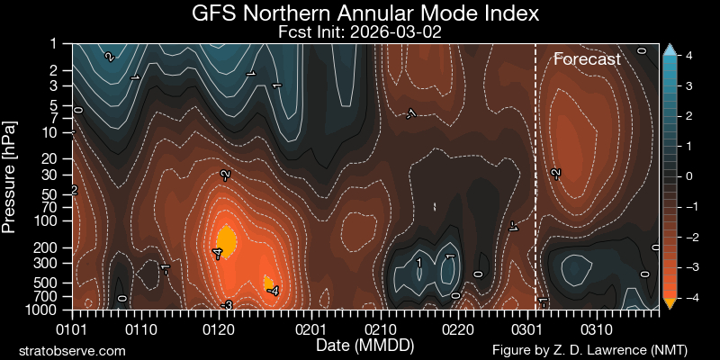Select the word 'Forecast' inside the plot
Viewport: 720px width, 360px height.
587,59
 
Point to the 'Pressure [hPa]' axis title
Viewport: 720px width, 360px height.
10,175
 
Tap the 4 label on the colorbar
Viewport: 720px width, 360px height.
688,56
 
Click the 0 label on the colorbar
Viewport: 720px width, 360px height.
688,176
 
